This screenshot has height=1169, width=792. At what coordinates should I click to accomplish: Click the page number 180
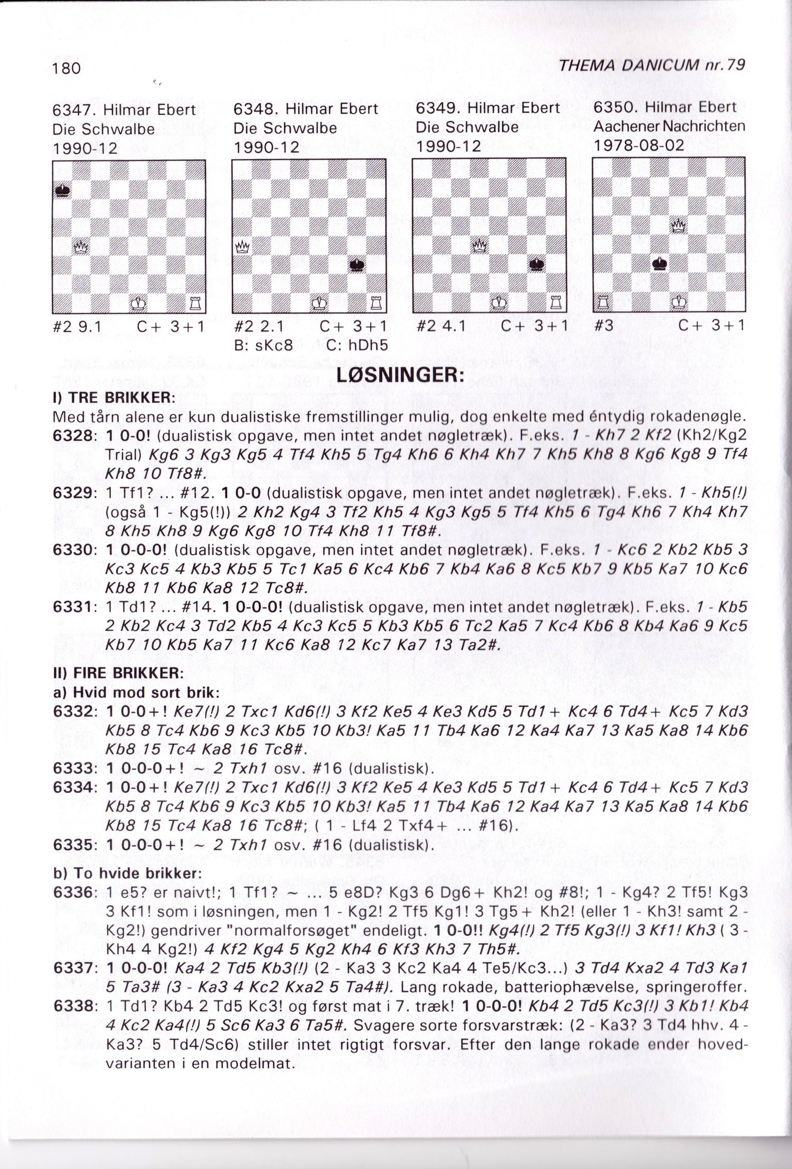(66, 69)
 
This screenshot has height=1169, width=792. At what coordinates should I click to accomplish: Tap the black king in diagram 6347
(62, 191)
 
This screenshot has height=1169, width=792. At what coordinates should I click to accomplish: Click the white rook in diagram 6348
(375, 303)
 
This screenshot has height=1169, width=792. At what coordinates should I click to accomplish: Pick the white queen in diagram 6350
(679, 226)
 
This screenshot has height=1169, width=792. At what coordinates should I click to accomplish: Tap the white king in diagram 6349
(499, 303)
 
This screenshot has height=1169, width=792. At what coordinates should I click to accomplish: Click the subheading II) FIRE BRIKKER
(118, 672)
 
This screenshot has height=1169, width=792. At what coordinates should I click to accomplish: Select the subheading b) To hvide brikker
(127, 873)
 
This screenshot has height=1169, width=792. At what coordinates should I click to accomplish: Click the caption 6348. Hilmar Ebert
(306, 109)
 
